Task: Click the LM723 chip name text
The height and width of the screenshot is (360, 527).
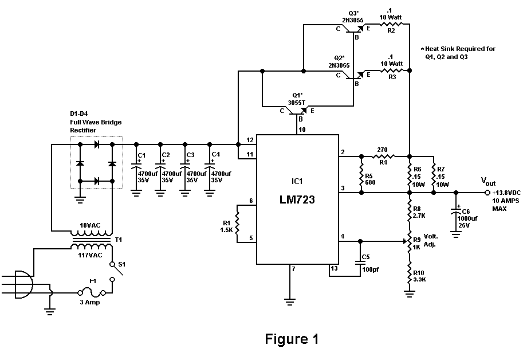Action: [x=297, y=202]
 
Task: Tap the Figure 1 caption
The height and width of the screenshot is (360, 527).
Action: [x=292, y=339]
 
